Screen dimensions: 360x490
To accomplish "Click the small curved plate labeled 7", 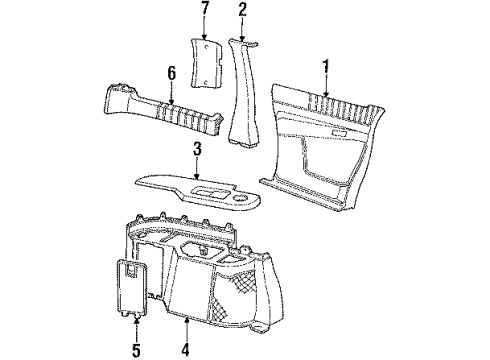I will (206, 62).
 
